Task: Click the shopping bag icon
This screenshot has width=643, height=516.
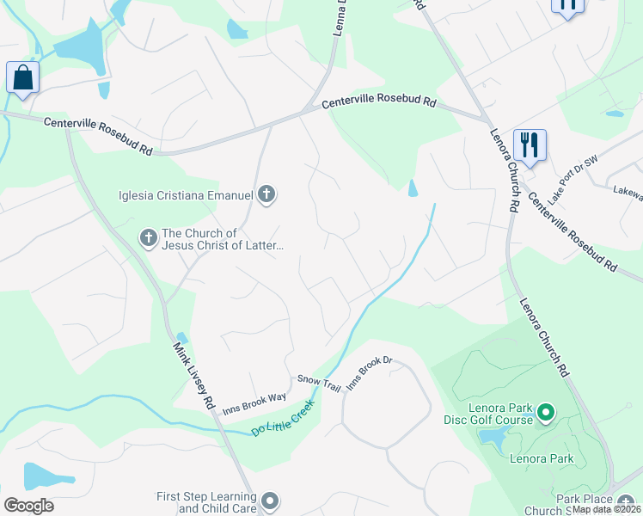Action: click(22, 78)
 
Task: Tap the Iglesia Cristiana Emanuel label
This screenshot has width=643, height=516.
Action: click(185, 194)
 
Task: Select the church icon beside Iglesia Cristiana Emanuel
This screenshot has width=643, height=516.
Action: click(266, 194)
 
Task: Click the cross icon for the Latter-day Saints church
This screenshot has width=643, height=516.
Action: click(148, 238)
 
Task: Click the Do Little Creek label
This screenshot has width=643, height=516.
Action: click(285, 417)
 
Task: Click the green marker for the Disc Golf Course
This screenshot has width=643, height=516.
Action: click(545, 415)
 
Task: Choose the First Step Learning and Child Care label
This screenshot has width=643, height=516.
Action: click(206, 502)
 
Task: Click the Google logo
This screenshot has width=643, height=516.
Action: click(28, 506)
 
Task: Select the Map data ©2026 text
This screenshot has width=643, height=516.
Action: click(607, 509)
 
